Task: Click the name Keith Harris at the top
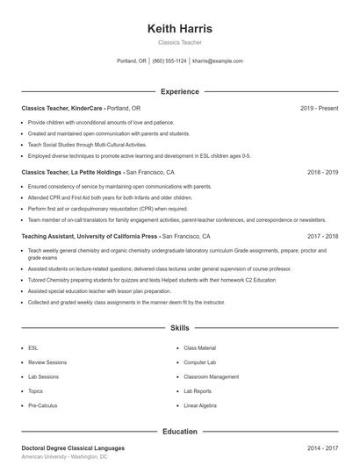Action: tap(180, 29)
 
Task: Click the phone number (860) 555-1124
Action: tap(169, 61)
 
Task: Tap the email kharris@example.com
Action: tap(217, 61)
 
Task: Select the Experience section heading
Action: tap(180, 91)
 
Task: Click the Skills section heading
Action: tap(180, 328)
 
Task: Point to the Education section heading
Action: tap(180, 432)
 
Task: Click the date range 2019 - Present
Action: tap(319, 108)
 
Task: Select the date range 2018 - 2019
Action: tap(322, 173)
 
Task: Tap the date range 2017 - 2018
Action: tap(322, 237)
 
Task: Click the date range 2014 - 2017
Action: tap(322, 448)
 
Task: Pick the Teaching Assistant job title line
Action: tap(90, 237)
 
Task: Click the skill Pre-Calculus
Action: tap(42, 406)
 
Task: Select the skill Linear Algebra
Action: tap(201, 406)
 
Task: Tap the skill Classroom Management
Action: tap(211, 376)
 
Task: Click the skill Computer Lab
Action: tap(200, 361)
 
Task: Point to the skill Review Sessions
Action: tap(47, 361)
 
